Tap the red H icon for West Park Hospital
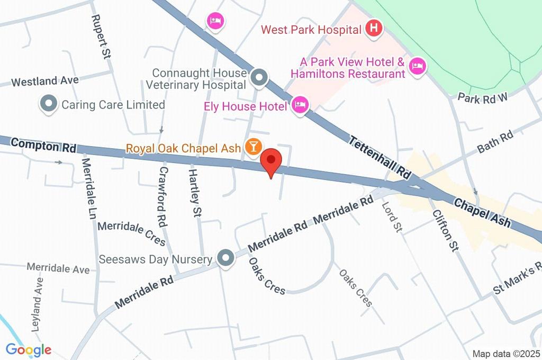(x=374, y=29)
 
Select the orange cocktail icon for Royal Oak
(x=253, y=148)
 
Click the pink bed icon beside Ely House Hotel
(x=300, y=105)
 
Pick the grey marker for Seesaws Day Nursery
(x=226, y=258)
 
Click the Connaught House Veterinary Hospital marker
(x=259, y=78)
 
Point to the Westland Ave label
(x=45, y=82)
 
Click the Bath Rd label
(x=495, y=142)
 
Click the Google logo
(x=29, y=349)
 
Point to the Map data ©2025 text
(x=507, y=354)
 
